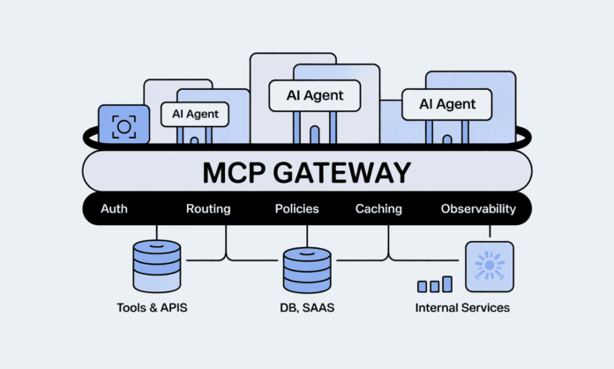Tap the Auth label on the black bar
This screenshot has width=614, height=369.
(x=115, y=209)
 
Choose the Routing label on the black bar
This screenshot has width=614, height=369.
(x=208, y=209)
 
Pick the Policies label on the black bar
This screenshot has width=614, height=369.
(x=297, y=209)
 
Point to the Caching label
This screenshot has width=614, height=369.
(x=378, y=209)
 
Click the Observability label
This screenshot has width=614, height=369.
(x=477, y=209)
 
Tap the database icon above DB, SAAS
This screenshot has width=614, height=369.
(x=306, y=269)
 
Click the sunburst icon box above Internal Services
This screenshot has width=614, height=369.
(x=489, y=264)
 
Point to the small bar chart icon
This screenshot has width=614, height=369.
(x=435, y=284)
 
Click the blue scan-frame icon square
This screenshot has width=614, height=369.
(x=124, y=127)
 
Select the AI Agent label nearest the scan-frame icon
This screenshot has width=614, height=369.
(x=195, y=114)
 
